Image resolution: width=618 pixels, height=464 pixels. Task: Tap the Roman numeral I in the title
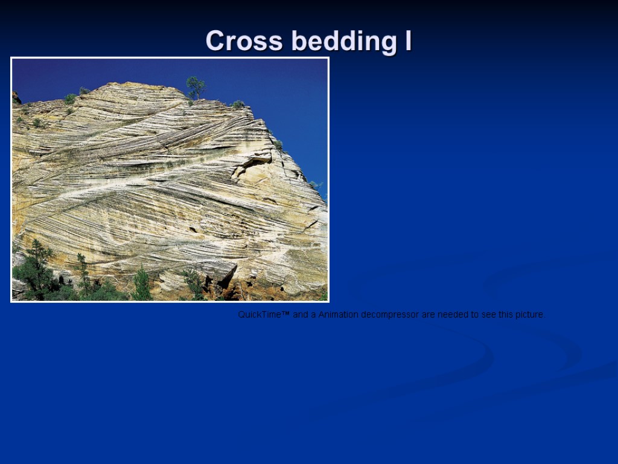pyautogui.click(x=408, y=41)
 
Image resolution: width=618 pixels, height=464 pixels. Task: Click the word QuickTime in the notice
pyautogui.click(x=260, y=315)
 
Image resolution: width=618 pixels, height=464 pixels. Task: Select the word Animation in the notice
pyautogui.click(x=339, y=315)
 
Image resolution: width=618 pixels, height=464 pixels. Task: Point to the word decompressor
pyautogui.click(x=390, y=315)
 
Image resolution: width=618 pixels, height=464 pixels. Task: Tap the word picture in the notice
pyautogui.click(x=527, y=315)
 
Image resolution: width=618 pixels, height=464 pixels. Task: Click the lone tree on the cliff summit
pyautogui.click(x=195, y=86)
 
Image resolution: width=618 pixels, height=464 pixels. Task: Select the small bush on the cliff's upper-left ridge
pyautogui.click(x=71, y=98)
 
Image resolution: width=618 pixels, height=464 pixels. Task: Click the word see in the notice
pyautogui.click(x=488, y=315)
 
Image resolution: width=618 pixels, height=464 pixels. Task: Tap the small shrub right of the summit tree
pyautogui.click(x=238, y=104)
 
